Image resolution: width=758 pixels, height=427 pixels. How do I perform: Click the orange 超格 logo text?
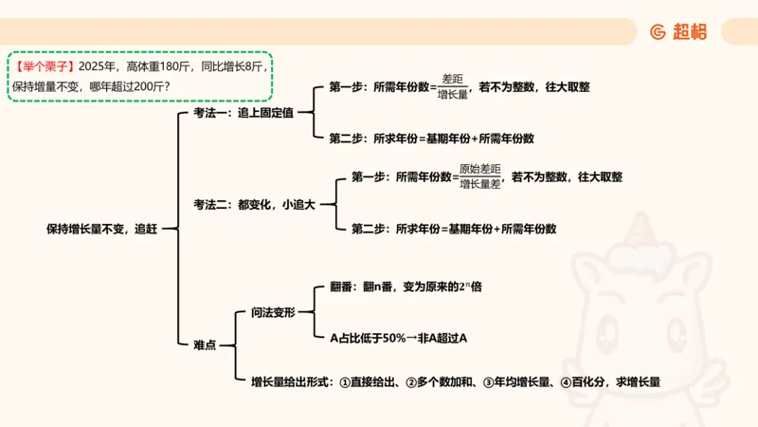[690, 31]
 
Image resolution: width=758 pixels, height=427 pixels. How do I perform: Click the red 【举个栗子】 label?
[45, 66]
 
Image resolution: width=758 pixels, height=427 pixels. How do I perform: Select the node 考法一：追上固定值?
[243, 112]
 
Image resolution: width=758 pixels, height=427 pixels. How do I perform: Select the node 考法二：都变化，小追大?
[254, 203]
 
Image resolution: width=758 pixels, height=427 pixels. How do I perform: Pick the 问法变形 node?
[274, 312]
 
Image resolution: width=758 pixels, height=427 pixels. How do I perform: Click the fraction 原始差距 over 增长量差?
[479, 176]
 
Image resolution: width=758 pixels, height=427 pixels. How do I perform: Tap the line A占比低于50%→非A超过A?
[399, 337]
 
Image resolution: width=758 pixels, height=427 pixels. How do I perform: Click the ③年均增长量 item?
[517, 381]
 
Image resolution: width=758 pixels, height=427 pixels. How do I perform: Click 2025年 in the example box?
[99, 66]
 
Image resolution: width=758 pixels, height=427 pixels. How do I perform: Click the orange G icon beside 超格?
[658, 31]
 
